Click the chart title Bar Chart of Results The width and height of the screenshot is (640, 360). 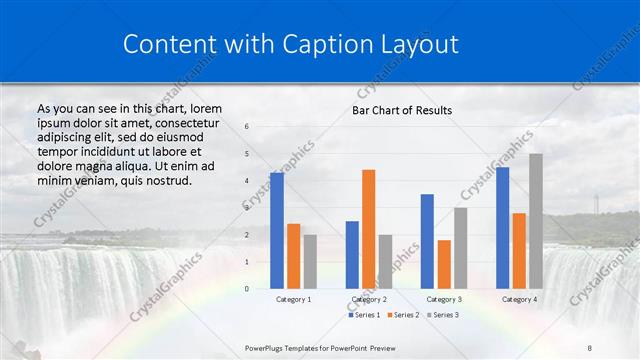click(x=401, y=110)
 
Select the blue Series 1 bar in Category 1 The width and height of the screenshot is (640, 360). click(x=277, y=230)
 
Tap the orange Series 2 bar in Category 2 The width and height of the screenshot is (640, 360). click(x=368, y=229)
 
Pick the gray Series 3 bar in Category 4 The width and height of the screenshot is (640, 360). click(x=536, y=221)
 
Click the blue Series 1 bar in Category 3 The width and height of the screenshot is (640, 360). click(x=427, y=241)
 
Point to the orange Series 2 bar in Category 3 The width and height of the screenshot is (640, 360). click(x=444, y=264)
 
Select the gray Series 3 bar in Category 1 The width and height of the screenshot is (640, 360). click(x=310, y=261)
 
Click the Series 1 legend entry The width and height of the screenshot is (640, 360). click(x=364, y=315)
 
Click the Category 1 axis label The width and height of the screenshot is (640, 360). click(x=293, y=299)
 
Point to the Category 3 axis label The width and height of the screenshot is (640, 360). click(x=443, y=299)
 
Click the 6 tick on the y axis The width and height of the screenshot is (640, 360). click(x=247, y=127)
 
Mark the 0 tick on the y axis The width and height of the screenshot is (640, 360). click(x=247, y=289)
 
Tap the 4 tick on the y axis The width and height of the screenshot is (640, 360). click(x=247, y=181)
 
